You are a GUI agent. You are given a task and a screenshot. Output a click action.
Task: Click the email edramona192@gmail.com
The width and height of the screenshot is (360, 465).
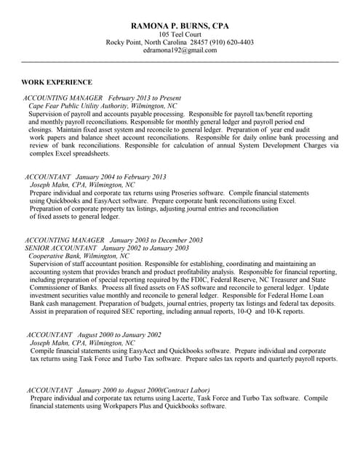pyautogui.click(x=180, y=52)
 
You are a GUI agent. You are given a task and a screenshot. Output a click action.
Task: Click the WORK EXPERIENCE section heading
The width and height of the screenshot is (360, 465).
pyautogui.click(x=57, y=82)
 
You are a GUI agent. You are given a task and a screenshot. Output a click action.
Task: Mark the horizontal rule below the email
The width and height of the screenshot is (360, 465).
pyautogui.click(x=180, y=62)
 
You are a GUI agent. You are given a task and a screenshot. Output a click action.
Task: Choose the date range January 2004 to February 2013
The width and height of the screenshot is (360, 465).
pyautogui.click(x=121, y=177)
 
